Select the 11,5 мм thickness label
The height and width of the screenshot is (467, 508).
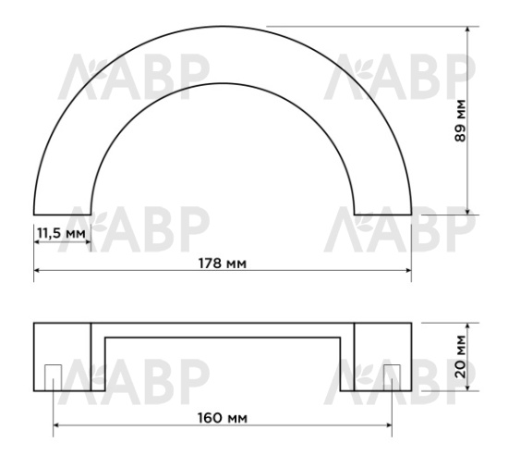(61, 233)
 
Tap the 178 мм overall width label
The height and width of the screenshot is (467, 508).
(222, 263)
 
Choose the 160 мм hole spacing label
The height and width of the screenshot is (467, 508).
(222, 417)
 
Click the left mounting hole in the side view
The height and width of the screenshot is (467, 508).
(53, 376)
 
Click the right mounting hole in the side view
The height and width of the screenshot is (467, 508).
(392, 376)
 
